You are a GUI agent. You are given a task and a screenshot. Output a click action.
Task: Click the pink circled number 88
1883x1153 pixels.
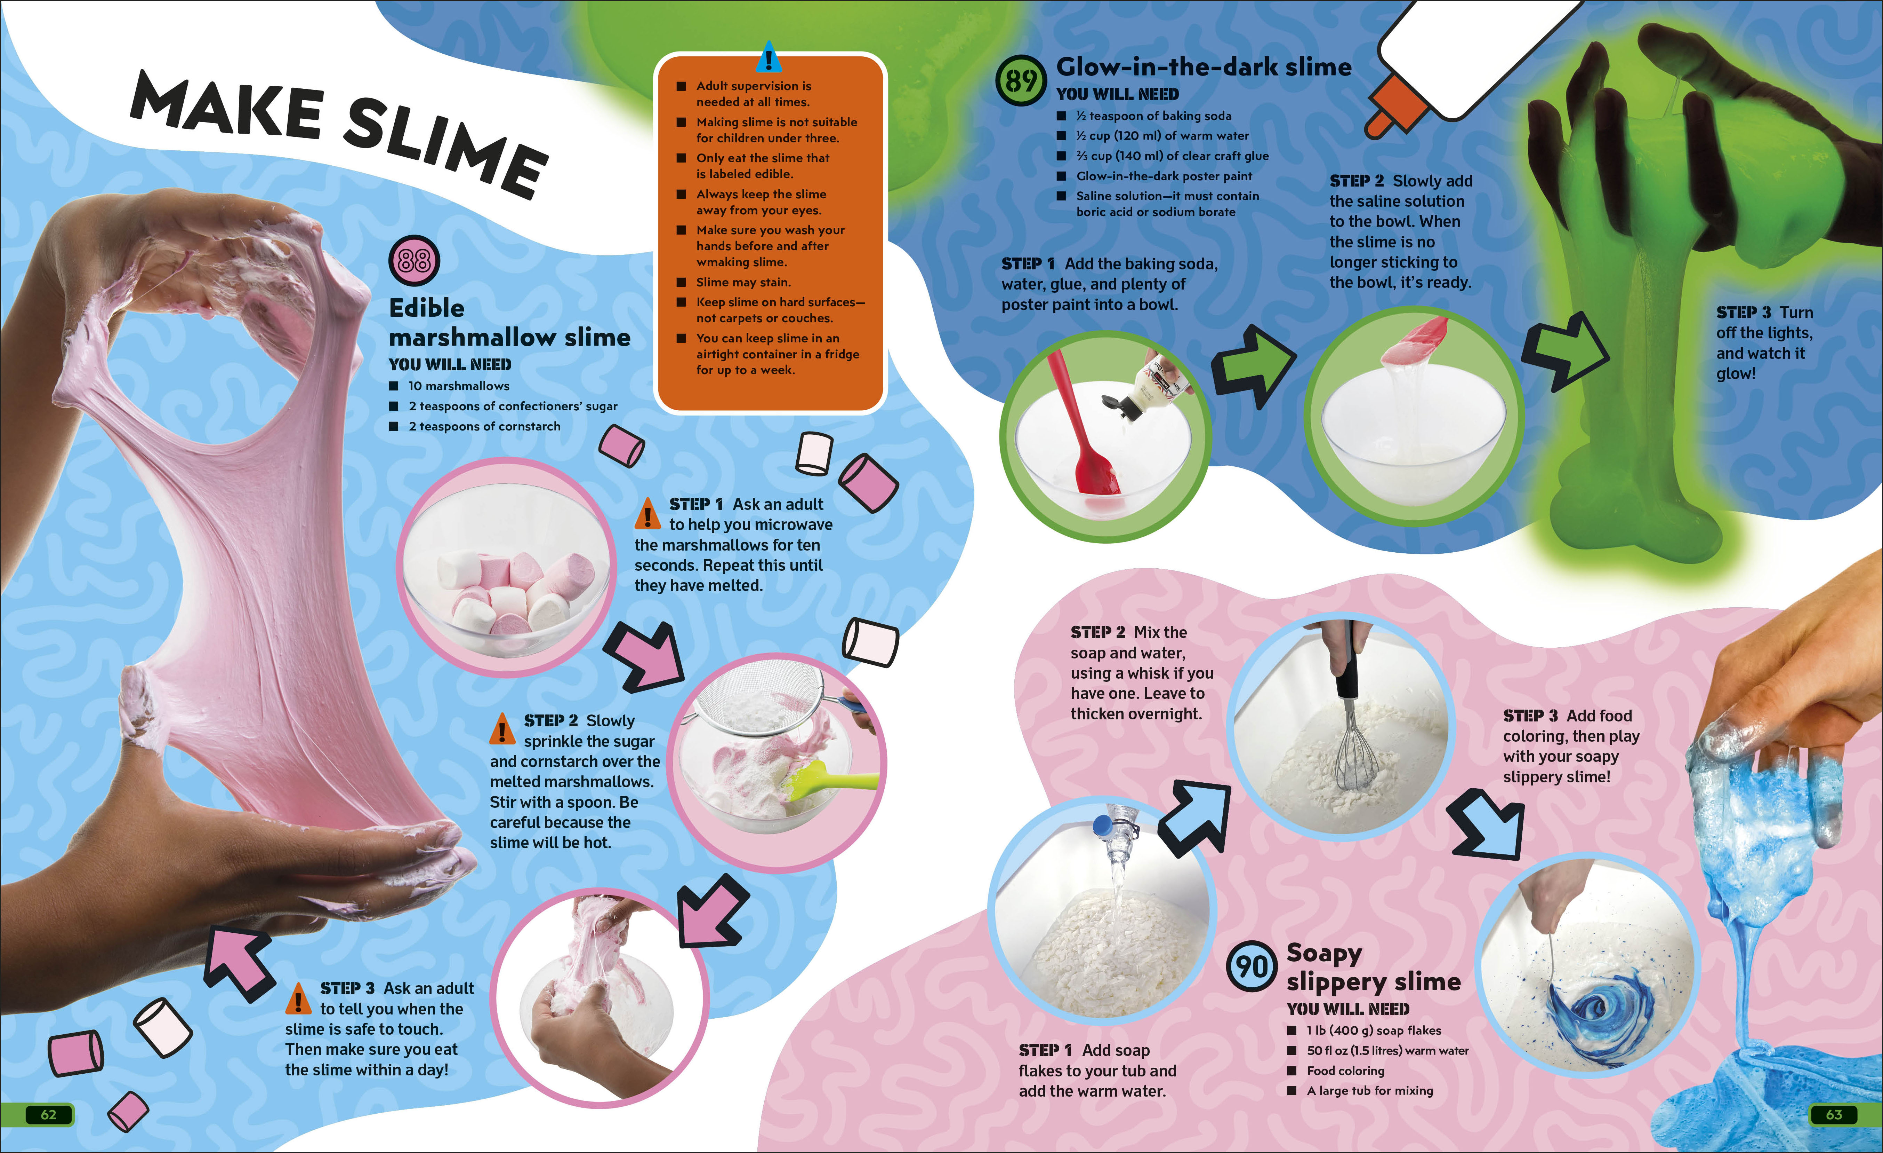(x=414, y=260)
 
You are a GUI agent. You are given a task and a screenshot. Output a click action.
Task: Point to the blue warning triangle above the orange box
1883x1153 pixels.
(x=769, y=57)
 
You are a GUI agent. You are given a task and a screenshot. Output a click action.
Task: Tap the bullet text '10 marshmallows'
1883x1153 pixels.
(x=459, y=386)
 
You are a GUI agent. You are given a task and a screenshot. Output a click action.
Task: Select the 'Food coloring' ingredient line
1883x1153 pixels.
(x=1345, y=1071)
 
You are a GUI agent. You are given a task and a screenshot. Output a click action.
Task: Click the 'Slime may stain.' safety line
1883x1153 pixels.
(x=743, y=282)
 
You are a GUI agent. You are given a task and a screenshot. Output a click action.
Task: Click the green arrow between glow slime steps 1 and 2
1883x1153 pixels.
(x=1253, y=365)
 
